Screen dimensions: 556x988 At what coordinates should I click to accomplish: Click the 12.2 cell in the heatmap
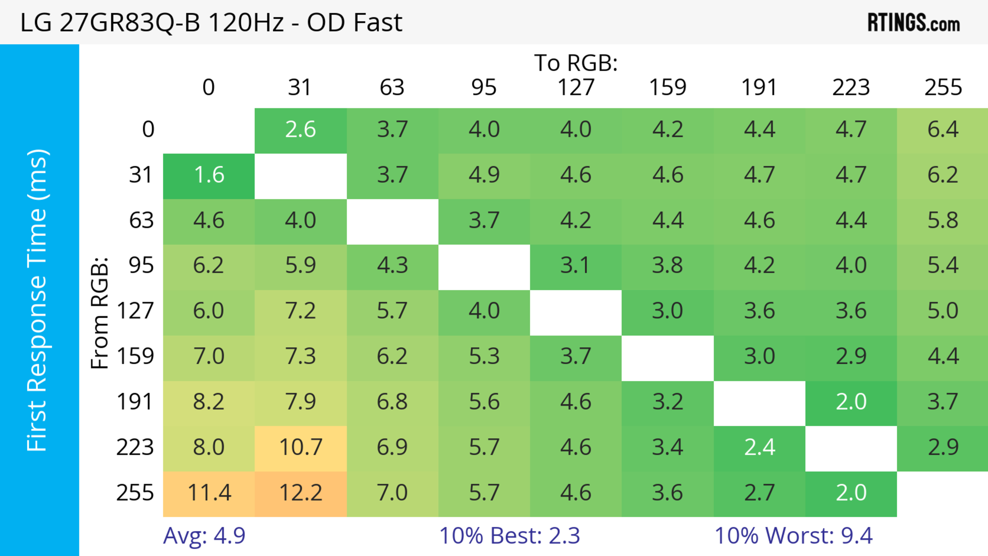(x=301, y=493)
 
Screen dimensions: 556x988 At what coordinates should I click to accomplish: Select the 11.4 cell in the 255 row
(x=209, y=493)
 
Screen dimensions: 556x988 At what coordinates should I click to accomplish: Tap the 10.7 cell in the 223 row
(x=301, y=447)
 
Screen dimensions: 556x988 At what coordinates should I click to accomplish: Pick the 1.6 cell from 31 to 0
(x=209, y=175)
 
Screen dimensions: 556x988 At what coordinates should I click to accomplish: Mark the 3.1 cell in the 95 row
(x=575, y=265)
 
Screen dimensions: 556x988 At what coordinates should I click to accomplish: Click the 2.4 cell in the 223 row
(x=760, y=447)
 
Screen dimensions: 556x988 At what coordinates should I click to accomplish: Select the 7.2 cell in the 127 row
(x=301, y=311)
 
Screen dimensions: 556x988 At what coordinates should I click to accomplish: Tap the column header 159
(x=667, y=87)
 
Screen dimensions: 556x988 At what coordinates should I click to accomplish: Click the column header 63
(x=392, y=87)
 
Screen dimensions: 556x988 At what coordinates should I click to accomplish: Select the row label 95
(x=141, y=265)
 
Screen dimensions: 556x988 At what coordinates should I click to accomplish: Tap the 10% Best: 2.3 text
(x=509, y=535)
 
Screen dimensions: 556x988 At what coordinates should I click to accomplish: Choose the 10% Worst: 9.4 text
(x=793, y=535)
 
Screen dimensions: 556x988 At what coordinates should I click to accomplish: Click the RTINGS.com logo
(x=914, y=23)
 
